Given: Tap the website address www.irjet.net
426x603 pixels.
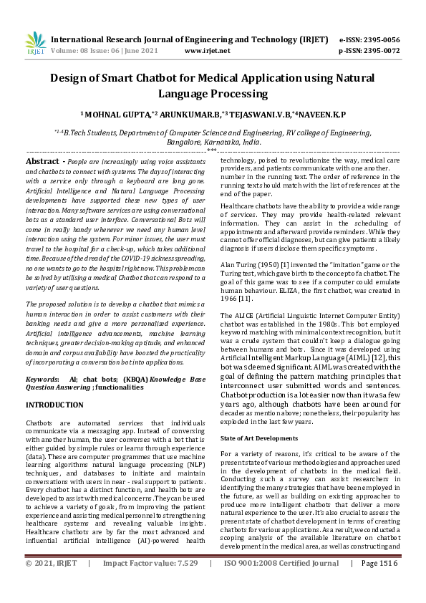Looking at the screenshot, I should point(207,51).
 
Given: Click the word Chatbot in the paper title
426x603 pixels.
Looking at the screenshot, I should point(170,81).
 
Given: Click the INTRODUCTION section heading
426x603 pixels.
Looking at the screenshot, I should point(54,405).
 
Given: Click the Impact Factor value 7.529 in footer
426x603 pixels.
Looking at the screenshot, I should point(184,584).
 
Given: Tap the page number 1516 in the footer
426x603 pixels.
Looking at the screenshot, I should point(389,584).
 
